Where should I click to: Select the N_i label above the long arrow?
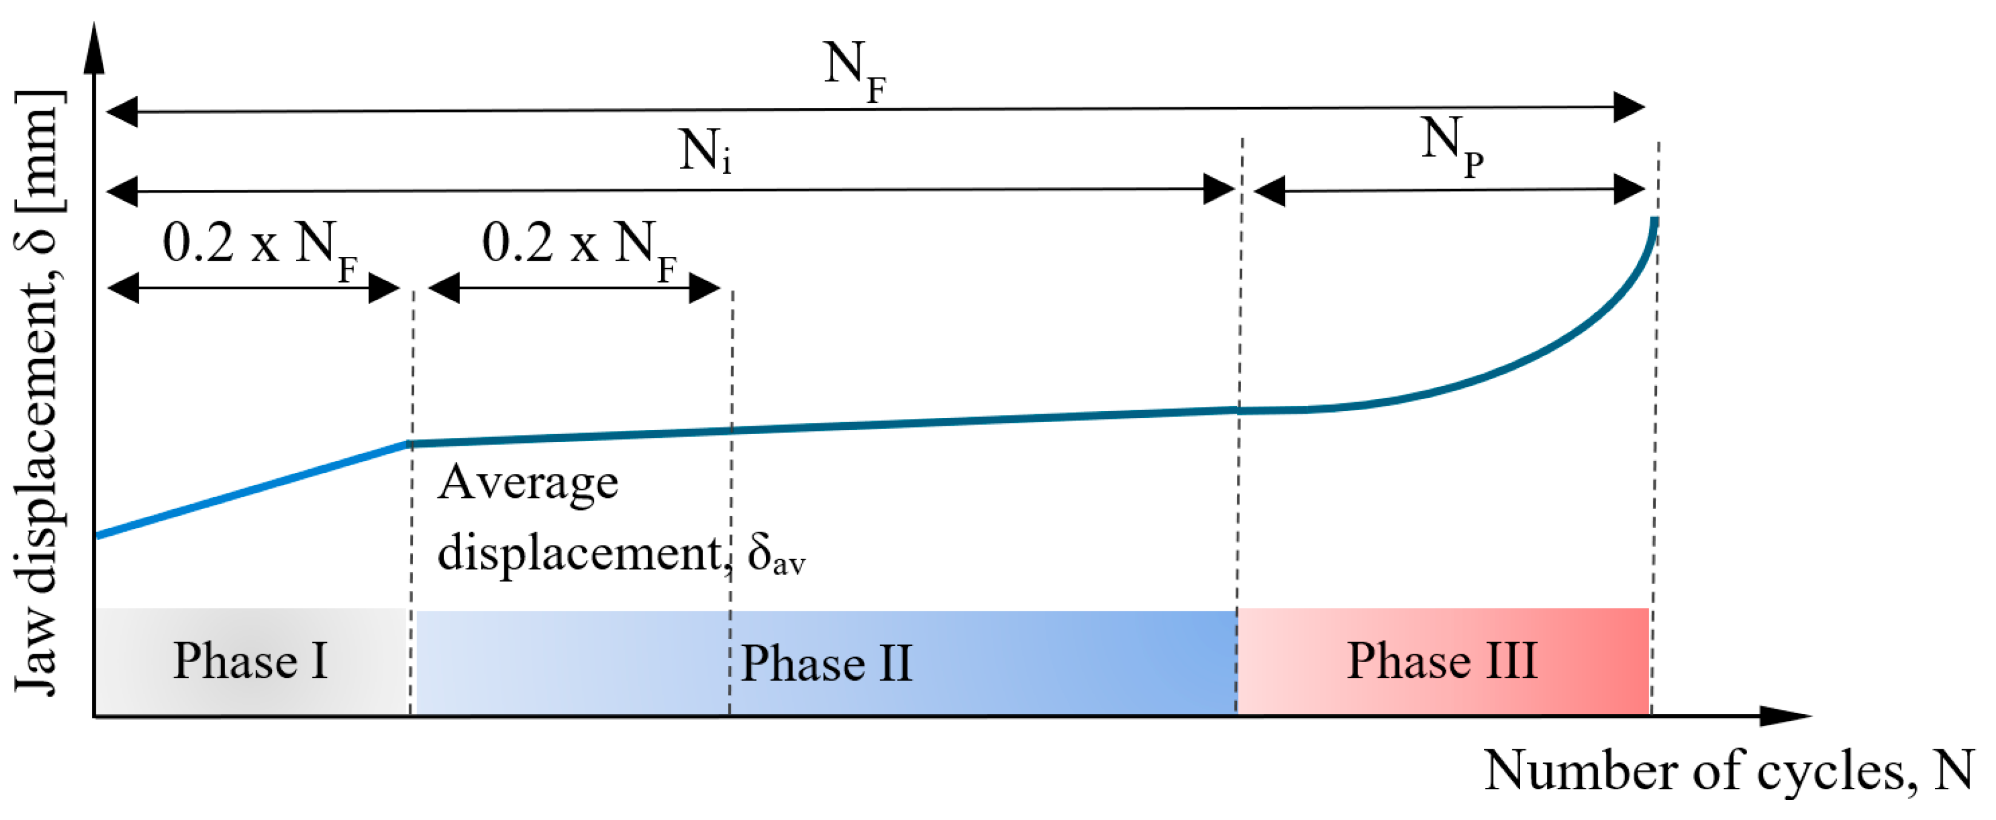(703, 152)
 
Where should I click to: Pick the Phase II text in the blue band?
(826, 663)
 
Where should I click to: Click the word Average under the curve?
(528, 483)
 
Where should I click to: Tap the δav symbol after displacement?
(776, 555)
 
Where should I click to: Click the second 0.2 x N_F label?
(579, 246)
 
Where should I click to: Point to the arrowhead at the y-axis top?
(94, 47)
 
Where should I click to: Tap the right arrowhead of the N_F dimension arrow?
(1630, 107)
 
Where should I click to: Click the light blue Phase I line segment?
(248, 491)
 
